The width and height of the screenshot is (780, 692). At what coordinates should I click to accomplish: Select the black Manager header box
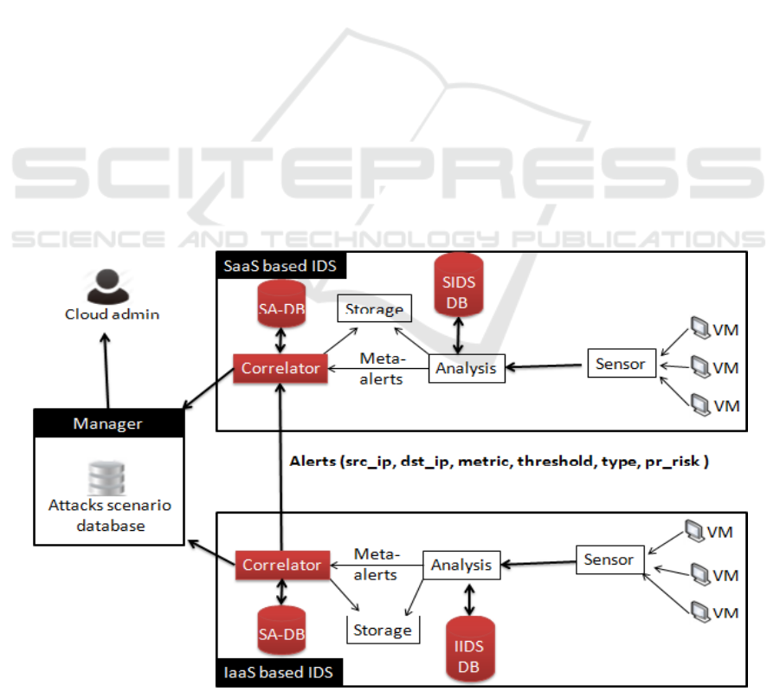108,424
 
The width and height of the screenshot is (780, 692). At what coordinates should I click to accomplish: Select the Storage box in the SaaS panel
374,309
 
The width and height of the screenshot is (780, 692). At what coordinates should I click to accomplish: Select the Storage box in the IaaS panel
382,630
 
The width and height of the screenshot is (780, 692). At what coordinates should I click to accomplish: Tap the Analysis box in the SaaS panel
467,368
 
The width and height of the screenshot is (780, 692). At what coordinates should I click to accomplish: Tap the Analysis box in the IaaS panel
461,566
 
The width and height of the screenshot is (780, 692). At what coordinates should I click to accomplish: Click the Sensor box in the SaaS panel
620,364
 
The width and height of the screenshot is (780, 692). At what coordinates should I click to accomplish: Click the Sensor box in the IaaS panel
609,559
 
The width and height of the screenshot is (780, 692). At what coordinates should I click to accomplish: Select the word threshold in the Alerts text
551,462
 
